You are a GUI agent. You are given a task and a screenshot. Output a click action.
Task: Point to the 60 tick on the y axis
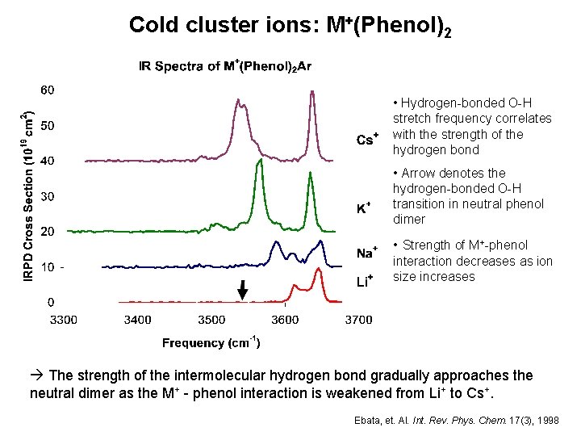pos(48,89)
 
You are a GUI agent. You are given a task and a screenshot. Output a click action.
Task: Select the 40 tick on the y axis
pos(48,161)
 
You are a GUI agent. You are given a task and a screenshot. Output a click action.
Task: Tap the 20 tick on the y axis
pos(48,232)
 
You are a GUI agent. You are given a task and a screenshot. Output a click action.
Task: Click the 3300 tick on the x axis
pos(65,320)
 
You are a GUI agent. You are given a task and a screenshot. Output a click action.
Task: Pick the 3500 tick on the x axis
pos(211,320)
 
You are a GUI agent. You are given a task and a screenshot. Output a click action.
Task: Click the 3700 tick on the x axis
pos(358,320)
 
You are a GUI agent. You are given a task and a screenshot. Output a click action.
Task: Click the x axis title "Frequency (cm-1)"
pos(211,343)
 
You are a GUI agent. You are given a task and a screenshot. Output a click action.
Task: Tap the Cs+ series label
pos(367,140)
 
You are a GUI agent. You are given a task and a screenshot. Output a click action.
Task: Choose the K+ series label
pos(364,208)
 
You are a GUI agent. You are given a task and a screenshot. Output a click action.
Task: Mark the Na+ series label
pos(367,254)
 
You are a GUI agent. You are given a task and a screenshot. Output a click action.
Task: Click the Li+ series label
pos(365,281)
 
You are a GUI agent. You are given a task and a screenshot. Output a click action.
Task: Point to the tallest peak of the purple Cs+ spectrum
pos(311,92)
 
